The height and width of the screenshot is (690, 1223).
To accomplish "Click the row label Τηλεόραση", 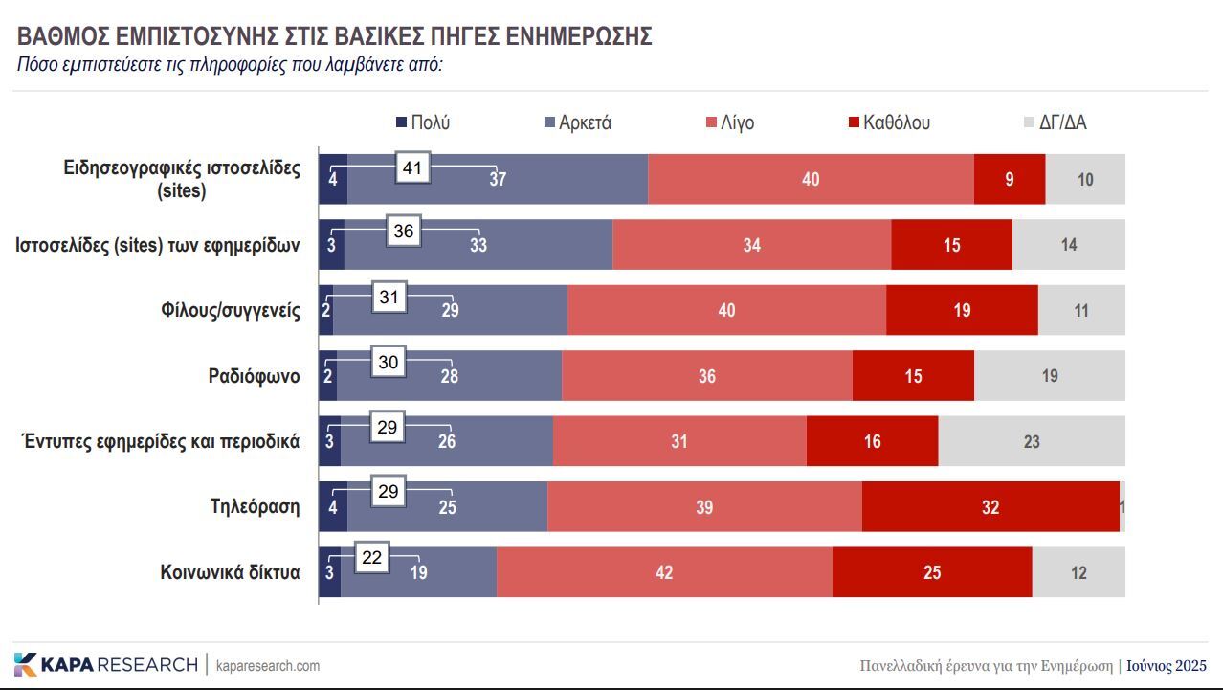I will point(255,507).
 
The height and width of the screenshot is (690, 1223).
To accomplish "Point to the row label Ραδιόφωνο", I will point(254,376).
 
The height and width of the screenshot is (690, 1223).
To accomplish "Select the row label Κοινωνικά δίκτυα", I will point(230,573).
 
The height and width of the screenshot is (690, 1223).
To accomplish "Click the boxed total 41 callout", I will point(412,168).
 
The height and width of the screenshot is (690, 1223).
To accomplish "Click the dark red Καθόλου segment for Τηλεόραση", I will point(990,507).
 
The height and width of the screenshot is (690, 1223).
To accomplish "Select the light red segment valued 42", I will point(664,573).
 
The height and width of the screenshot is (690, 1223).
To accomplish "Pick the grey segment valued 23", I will point(1032,442).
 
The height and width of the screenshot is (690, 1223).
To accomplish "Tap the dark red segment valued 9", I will point(1010,179).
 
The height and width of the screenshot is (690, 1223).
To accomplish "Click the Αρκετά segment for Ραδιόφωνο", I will point(449,376).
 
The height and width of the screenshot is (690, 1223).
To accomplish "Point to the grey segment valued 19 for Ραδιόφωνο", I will point(1050,376).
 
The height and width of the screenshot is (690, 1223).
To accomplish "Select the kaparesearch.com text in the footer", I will point(268,665).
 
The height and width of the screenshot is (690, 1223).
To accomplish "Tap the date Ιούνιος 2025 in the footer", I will point(1166,666).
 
